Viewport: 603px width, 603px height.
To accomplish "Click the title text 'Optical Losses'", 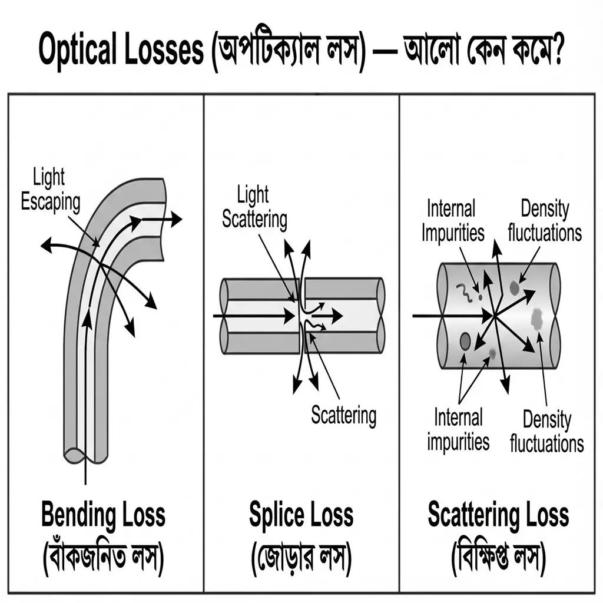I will pos(120,52).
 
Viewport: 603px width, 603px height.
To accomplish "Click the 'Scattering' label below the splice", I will pos(343,415).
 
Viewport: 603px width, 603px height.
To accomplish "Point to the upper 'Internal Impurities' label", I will pos(452,221).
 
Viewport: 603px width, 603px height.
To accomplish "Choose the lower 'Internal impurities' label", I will pos(458,429).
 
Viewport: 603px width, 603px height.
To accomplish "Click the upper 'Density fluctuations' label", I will pos(545,221).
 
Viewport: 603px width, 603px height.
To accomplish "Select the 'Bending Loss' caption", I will pos(103,515).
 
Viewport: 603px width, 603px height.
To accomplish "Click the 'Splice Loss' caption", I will pos(301,515).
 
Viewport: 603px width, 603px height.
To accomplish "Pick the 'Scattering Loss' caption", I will pos(498,515).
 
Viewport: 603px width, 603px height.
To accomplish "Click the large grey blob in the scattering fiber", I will pos(537,319).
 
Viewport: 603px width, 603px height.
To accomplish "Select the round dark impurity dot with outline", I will pos(465,340).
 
